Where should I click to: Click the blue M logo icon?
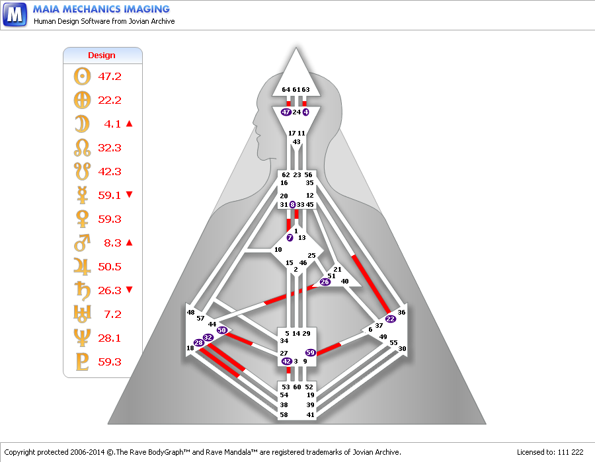pos(15,14)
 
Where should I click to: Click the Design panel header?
pos(102,56)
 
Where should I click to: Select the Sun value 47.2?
pos(110,77)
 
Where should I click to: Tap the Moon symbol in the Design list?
pos(82,124)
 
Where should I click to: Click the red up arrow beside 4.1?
pos(130,124)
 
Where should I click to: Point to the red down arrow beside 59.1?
pos(130,194)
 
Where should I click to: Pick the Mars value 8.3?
pos(112,243)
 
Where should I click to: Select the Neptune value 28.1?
pos(110,338)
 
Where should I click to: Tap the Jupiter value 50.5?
pos(110,267)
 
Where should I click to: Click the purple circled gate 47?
pos(286,112)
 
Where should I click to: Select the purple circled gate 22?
pos(390,319)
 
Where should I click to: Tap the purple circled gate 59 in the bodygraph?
pos(310,353)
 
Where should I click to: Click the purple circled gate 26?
pos(325,282)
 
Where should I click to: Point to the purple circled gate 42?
pos(286,362)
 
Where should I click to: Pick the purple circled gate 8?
pos(292,205)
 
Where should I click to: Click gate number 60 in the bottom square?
pos(297,387)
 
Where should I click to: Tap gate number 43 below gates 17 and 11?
pos(297,142)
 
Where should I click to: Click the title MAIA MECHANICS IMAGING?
pos(101,9)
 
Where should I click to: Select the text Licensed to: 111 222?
pos(550,452)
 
